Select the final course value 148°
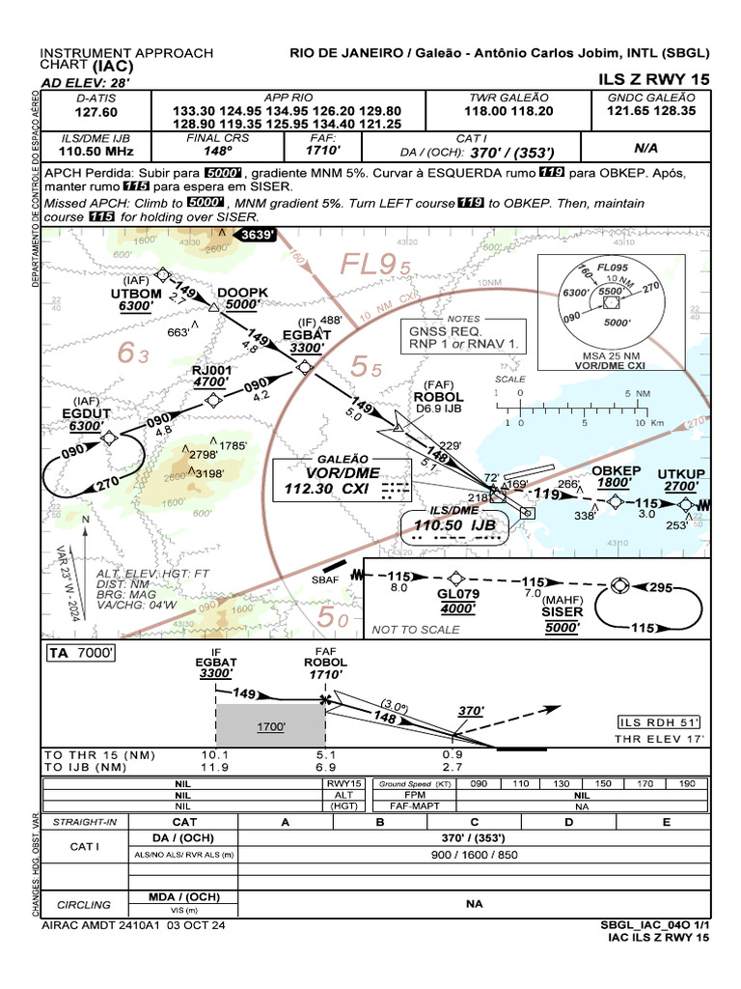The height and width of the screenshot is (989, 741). click(217, 152)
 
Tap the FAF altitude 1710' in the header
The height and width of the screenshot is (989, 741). click(322, 152)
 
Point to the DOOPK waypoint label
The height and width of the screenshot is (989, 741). click(242, 292)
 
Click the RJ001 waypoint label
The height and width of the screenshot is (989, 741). click(212, 369)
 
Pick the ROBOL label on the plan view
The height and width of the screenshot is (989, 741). click(438, 397)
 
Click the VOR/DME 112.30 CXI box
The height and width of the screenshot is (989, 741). click(342, 481)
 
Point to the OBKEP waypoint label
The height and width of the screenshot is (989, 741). click(616, 470)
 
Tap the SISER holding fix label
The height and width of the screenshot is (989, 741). click(562, 612)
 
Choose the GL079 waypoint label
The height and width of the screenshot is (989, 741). click(457, 595)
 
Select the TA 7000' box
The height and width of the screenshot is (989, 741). click(82, 654)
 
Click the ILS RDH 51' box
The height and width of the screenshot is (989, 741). click(659, 721)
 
